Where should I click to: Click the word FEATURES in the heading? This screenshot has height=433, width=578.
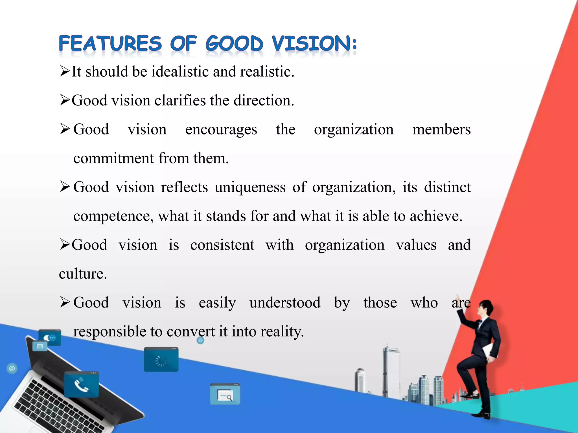point(110,44)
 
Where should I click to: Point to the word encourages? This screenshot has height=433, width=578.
point(221,130)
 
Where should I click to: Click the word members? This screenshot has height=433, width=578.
point(441,130)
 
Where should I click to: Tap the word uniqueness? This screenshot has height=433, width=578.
point(250,187)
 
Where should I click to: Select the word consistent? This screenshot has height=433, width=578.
point(222,245)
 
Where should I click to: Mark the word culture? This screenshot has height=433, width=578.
point(83,274)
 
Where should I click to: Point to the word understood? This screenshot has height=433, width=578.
point(285,303)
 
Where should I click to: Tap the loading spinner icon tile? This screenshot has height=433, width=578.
point(161,359)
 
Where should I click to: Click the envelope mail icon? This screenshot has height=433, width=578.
point(40,346)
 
